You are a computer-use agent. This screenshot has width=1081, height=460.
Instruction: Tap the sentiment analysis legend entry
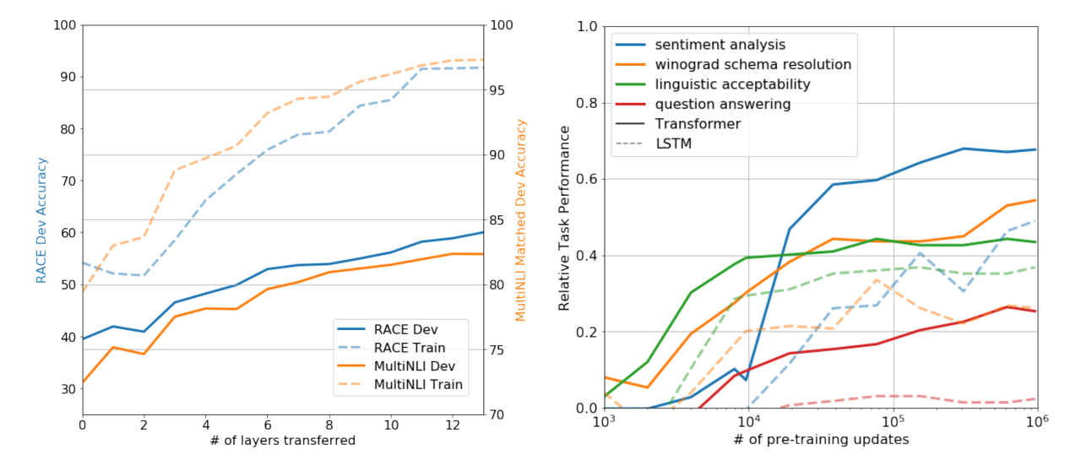[x=720, y=45]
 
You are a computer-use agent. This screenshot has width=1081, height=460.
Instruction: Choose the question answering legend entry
[x=723, y=105]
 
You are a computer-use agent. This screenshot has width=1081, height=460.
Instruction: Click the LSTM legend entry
[x=673, y=143]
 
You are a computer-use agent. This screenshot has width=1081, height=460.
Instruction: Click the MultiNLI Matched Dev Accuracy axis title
[x=520, y=219]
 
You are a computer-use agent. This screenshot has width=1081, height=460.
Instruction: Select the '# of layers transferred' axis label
[x=282, y=441]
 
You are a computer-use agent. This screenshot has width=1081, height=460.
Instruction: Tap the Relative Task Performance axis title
[x=564, y=218]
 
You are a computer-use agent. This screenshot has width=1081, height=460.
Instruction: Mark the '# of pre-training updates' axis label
[x=819, y=441]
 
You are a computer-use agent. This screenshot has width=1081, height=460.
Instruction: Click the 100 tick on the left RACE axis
[x=64, y=25]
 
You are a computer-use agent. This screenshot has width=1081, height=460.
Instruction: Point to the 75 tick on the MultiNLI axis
[x=497, y=349]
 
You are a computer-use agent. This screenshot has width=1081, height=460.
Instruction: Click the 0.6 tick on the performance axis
[x=584, y=179]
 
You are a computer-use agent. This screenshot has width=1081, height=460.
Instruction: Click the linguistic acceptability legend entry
[x=733, y=84]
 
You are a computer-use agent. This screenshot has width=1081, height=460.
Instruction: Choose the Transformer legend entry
[x=698, y=124]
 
